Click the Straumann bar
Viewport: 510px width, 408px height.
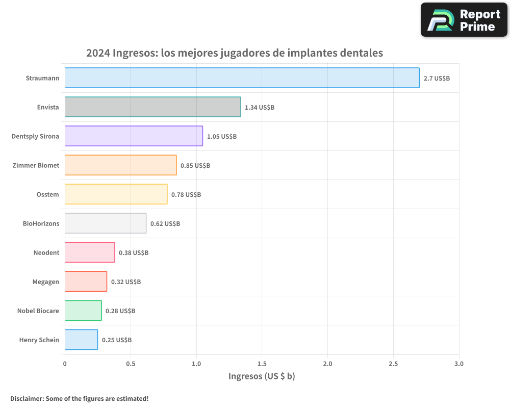(242, 78)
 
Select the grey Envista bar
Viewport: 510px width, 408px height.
(152, 107)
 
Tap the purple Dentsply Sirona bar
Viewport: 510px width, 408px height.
(134, 136)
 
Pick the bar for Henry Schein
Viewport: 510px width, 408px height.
(81, 340)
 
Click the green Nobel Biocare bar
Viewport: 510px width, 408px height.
(83, 311)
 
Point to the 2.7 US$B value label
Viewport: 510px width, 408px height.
(437, 79)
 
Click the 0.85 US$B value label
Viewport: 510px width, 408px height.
(195, 166)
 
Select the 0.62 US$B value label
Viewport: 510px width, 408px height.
(165, 224)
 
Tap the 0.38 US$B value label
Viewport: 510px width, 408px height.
(134, 253)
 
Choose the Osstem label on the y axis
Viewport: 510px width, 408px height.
(47, 195)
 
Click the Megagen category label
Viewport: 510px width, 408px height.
(46, 282)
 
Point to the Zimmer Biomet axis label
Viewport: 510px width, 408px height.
(36, 166)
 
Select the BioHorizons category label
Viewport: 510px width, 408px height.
(41, 224)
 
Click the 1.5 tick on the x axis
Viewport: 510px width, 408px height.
(262, 364)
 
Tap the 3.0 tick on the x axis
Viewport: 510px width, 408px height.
(458, 364)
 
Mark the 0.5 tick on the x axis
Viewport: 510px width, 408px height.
(131, 364)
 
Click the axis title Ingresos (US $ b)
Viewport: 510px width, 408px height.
(262, 376)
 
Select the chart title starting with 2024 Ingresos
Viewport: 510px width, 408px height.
(234, 53)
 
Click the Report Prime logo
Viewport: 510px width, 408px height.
(464, 20)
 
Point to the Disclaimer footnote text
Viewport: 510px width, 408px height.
(79, 398)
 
